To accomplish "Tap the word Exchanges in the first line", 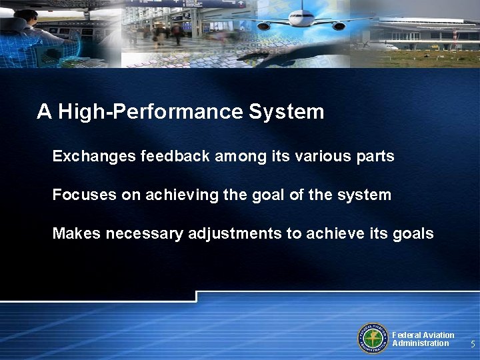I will (94, 157).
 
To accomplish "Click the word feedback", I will (175, 157).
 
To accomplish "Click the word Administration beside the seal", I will (421, 343).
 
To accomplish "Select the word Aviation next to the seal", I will (437, 335).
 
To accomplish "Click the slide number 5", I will (472, 345).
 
